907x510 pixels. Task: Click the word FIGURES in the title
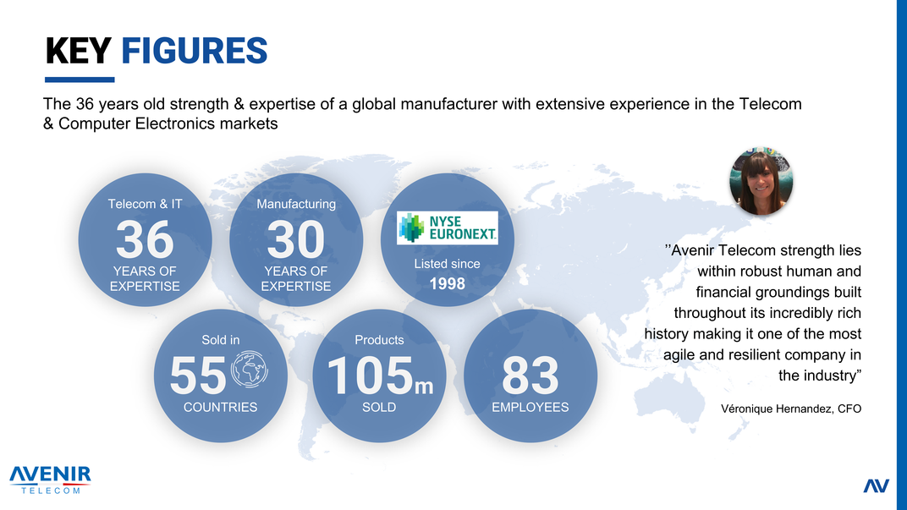click(195, 51)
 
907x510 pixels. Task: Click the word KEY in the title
click(78, 51)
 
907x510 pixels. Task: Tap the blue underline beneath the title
click(80, 80)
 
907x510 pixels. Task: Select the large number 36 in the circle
click(145, 239)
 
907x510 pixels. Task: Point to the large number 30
click(295, 239)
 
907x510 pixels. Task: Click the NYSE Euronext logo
click(447, 228)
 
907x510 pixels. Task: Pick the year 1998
click(447, 284)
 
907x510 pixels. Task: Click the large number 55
click(198, 376)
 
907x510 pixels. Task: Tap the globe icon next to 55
click(250, 369)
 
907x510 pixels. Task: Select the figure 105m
click(379, 376)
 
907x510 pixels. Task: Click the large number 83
click(530, 376)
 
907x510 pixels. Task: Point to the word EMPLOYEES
click(530, 407)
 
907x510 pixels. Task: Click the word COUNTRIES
click(220, 407)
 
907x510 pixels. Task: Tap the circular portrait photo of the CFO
click(761, 181)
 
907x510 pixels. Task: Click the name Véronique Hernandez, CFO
click(791, 409)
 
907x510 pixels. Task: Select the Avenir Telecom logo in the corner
click(50, 480)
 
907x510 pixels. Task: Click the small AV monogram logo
click(876, 485)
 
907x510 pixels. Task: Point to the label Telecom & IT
click(145, 204)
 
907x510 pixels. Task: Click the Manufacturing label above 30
click(295, 204)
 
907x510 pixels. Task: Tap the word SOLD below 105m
click(379, 407)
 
